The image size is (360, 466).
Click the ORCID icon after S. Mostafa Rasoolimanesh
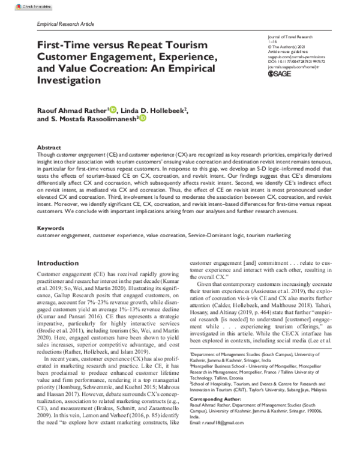[x=142, y=119]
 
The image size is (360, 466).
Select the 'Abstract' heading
[x=49, y=147]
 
